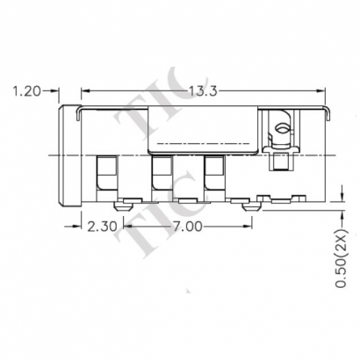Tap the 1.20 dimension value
(29, 90)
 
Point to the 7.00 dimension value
(186, 226)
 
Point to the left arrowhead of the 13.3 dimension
(86, 90)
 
